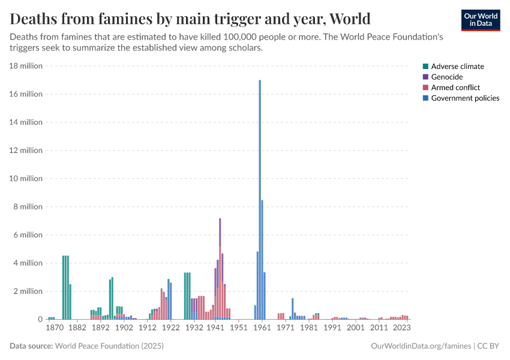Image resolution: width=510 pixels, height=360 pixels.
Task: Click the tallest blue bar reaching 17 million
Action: (x=260, y=198)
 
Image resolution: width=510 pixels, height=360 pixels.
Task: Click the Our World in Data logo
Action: (x=480, y=20)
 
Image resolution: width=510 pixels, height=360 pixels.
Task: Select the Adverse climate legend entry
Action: (x=457, y=67)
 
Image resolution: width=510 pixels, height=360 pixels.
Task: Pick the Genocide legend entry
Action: (x=446, y=77)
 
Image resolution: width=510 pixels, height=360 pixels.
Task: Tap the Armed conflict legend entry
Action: (x=455, y=88)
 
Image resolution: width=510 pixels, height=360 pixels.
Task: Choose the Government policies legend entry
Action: (x=465, y=98)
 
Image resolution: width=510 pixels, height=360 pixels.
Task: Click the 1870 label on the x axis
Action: (x=54, y=328)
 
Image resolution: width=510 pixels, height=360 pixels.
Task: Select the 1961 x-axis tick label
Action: (x=262, y=328)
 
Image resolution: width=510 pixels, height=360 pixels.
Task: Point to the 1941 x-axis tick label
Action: (x=215, y=328)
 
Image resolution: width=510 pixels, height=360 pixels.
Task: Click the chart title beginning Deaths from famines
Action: (x=190, y=19)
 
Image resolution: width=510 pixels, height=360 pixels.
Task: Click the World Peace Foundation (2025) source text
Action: (x=109, y=346)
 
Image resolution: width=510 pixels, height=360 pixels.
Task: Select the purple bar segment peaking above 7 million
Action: (x=220, y=231)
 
